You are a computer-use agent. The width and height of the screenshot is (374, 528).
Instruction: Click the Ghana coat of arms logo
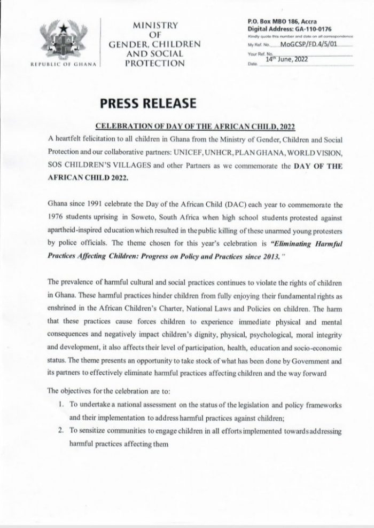tap(66, 41)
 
